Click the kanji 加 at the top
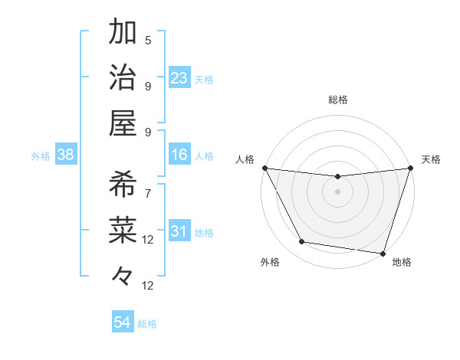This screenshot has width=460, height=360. pyautogui.click(x=123, y=33)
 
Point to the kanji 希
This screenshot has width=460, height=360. pyautogui.click(x=123, y=184)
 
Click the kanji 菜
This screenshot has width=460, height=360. pyautogui.click(x=123, y=229)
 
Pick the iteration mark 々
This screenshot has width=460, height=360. pyautogui.click(x=123, y=273)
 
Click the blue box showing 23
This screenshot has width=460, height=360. pyautogui.click(x=179, y=77)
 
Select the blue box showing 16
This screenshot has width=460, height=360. pyautogui.click(x=179, y=155)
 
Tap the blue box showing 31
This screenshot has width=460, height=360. pyautogui.click(x=179, y=231)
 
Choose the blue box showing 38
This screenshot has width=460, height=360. pyautogui.click(x=65, y=155)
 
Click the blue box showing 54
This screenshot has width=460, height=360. pyautogui.click(x=123, y=322)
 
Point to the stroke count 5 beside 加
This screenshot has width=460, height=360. pyautogui.click(x=148, y=41)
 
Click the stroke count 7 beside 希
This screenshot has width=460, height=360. pyautogui.click(x=148, y=193)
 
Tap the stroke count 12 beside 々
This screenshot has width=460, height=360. pyautogui.click(x=148, y=286)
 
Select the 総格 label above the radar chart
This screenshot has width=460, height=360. pyautogui.click(x=337, y=100)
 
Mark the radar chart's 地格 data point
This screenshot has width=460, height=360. pyautogui.click(x=383, y=253)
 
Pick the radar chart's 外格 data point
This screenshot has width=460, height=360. pyautogui.click(x=302, y=242)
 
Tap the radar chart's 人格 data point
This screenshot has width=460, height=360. pyautogui.click(x=264, y=168)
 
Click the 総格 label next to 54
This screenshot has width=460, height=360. pyautogui.click(x=148, y=324)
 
